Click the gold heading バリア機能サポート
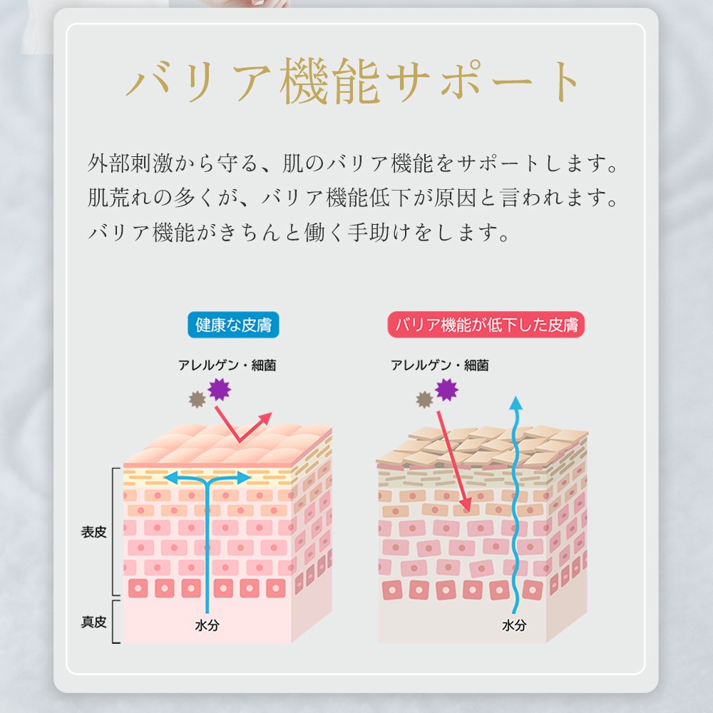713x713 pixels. pyautogui.click(x=353, y=81)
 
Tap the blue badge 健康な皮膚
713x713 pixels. pyautogui.click(x=233, y=325)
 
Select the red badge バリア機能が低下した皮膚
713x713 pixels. pyautogui.click(x=486, y=325)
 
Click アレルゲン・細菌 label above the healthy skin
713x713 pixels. pyautogui.click(x=227, y=365)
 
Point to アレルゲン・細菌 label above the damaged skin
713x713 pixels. pyautogui.click(x=440, y=365)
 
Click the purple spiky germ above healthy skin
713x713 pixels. pyautogui.click(x=220, y=389)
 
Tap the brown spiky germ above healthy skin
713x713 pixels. pyautogui.click(x=198, y=399)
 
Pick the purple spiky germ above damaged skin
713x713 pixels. pyautogui.click(x=446, y=389)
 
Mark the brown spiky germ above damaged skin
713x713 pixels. pyautogui.click(x=424, y=399)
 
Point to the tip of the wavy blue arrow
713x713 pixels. pyautogui.click(x=515, y=396)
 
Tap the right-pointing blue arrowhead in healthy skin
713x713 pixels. pyautogui.click(x=243, y=478)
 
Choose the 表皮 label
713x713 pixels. pyautogui.click(x=93, y=532)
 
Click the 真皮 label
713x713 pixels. pyautogui.click(x=93, y=622)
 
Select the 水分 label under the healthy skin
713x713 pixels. pyautogui.click(x=207, y=625)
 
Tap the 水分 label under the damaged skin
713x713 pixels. pyautogui.click(x=514, y=625)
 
